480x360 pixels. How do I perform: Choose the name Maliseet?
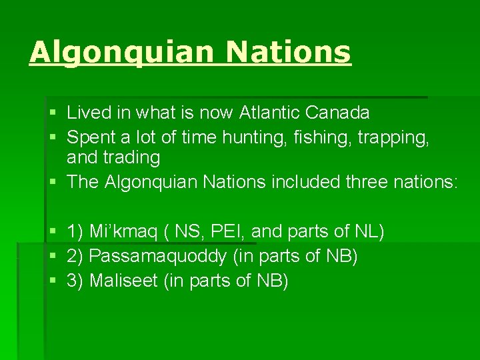point(123,281)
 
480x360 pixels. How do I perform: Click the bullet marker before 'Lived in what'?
point(53,113)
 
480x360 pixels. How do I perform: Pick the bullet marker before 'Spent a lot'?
point(53,138)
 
